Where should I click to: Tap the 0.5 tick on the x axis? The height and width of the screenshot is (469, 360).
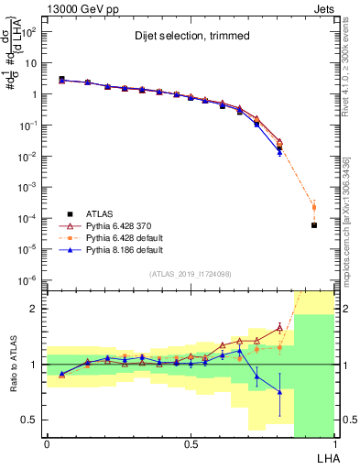click(x=191, y=442)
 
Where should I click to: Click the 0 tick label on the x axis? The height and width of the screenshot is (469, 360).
click(x=47, y=442)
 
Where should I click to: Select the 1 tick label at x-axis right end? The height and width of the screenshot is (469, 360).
click(x=334, y=442)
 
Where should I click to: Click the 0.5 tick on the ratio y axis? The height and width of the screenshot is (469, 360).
click(x=30, y=420)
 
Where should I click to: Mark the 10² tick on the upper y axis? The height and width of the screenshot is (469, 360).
click(x=29, y=32)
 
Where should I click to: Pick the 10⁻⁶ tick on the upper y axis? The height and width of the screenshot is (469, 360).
click(x=29, y=280)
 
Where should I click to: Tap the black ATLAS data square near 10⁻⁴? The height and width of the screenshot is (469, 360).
click(x=314, y=224)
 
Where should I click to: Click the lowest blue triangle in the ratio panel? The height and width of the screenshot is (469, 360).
click(x=279, y=391)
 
